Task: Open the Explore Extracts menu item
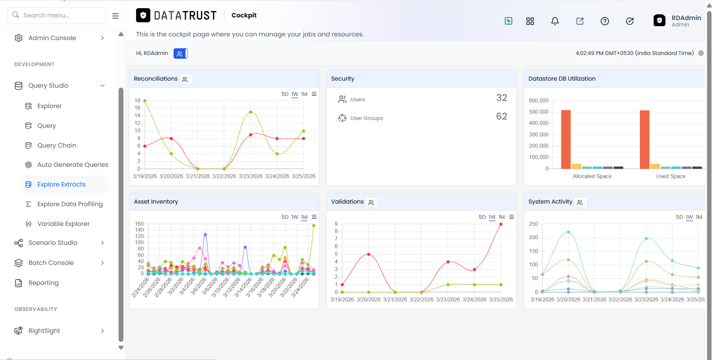coord(61,184)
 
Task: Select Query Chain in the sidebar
coord(57,145)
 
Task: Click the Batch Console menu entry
coord(51,263)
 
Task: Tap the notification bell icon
coord(555,21)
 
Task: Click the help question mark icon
coord(605,21)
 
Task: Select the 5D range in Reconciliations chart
coord(285,94)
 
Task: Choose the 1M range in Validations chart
coord(501,217)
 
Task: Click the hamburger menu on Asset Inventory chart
coord(314,217)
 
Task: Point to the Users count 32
coord(501,98)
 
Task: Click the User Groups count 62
coord(501,116)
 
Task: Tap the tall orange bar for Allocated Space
coord(566,139)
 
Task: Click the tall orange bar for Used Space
coord(645,139)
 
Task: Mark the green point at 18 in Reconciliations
coord(145,101)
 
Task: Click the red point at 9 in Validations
coord(501,224)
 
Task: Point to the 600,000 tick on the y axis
coord(538,101)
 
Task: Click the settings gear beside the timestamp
coord(701,53)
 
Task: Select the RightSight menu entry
coord(44,331)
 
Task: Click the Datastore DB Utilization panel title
coord(562,79)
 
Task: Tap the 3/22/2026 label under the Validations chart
coord(421,299)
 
